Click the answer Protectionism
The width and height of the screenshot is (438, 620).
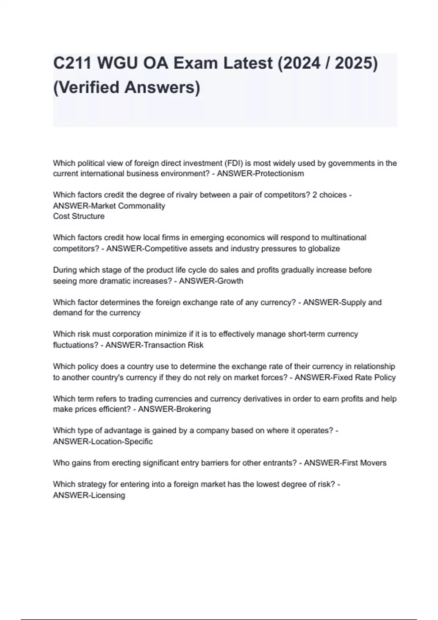click(279, 174)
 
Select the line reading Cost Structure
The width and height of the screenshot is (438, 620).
click(79, 216)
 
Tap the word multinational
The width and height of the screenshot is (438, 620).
click(343, 238)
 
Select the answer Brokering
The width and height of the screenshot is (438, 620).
click(193, 409)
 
